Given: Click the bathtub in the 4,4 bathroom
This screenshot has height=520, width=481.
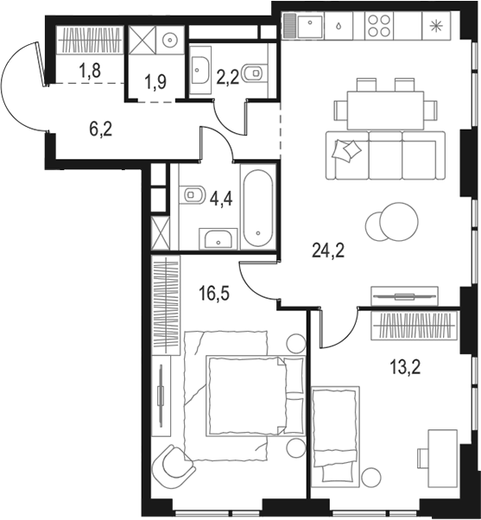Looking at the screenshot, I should click(x=258, y=207).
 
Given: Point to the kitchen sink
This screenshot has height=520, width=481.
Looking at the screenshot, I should click(x=310, y=27).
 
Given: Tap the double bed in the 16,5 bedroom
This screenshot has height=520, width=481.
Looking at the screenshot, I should click(x=244, y=399).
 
